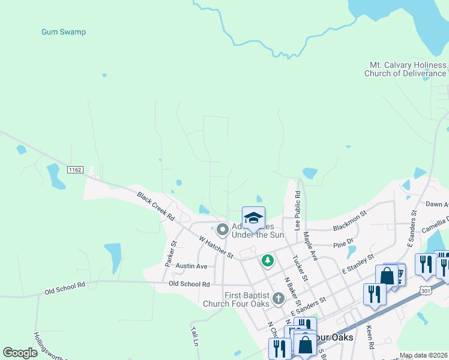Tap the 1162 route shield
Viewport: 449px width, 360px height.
coord(75,170)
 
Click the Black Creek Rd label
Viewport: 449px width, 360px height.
coord(155,205)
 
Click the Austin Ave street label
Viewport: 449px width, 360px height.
coord(191,266)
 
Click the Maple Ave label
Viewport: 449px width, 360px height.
coord(310,246)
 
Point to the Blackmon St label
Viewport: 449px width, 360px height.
coord(349,221)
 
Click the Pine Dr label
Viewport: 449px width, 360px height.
coord(343,245)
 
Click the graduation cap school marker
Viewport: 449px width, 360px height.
coord(253,218)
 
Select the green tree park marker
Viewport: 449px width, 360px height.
coord(267,261)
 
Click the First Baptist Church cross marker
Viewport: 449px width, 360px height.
coord(277,298)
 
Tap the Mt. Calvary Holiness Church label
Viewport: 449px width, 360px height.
coord(408,69)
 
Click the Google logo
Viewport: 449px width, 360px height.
coord(20,353)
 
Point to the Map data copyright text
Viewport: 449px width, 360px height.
coord(423,355)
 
